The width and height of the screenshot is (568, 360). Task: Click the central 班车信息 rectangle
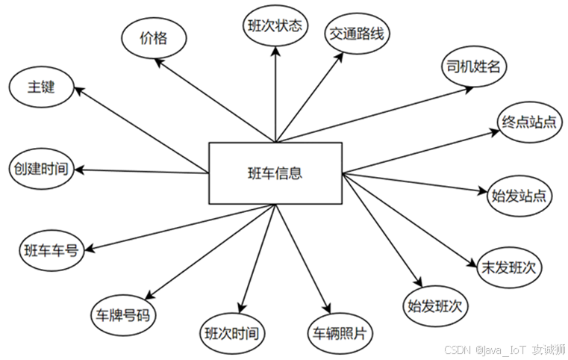(275, 173)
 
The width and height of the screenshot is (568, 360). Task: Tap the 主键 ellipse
(41, 87)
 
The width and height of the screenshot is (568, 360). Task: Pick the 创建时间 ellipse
(40, 168)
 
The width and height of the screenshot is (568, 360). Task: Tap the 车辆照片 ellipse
(340, 331)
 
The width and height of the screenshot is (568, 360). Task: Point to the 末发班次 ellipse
(511, 266)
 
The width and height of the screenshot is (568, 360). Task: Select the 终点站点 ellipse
(531, 122)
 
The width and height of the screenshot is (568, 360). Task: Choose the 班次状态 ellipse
(275, 25)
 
